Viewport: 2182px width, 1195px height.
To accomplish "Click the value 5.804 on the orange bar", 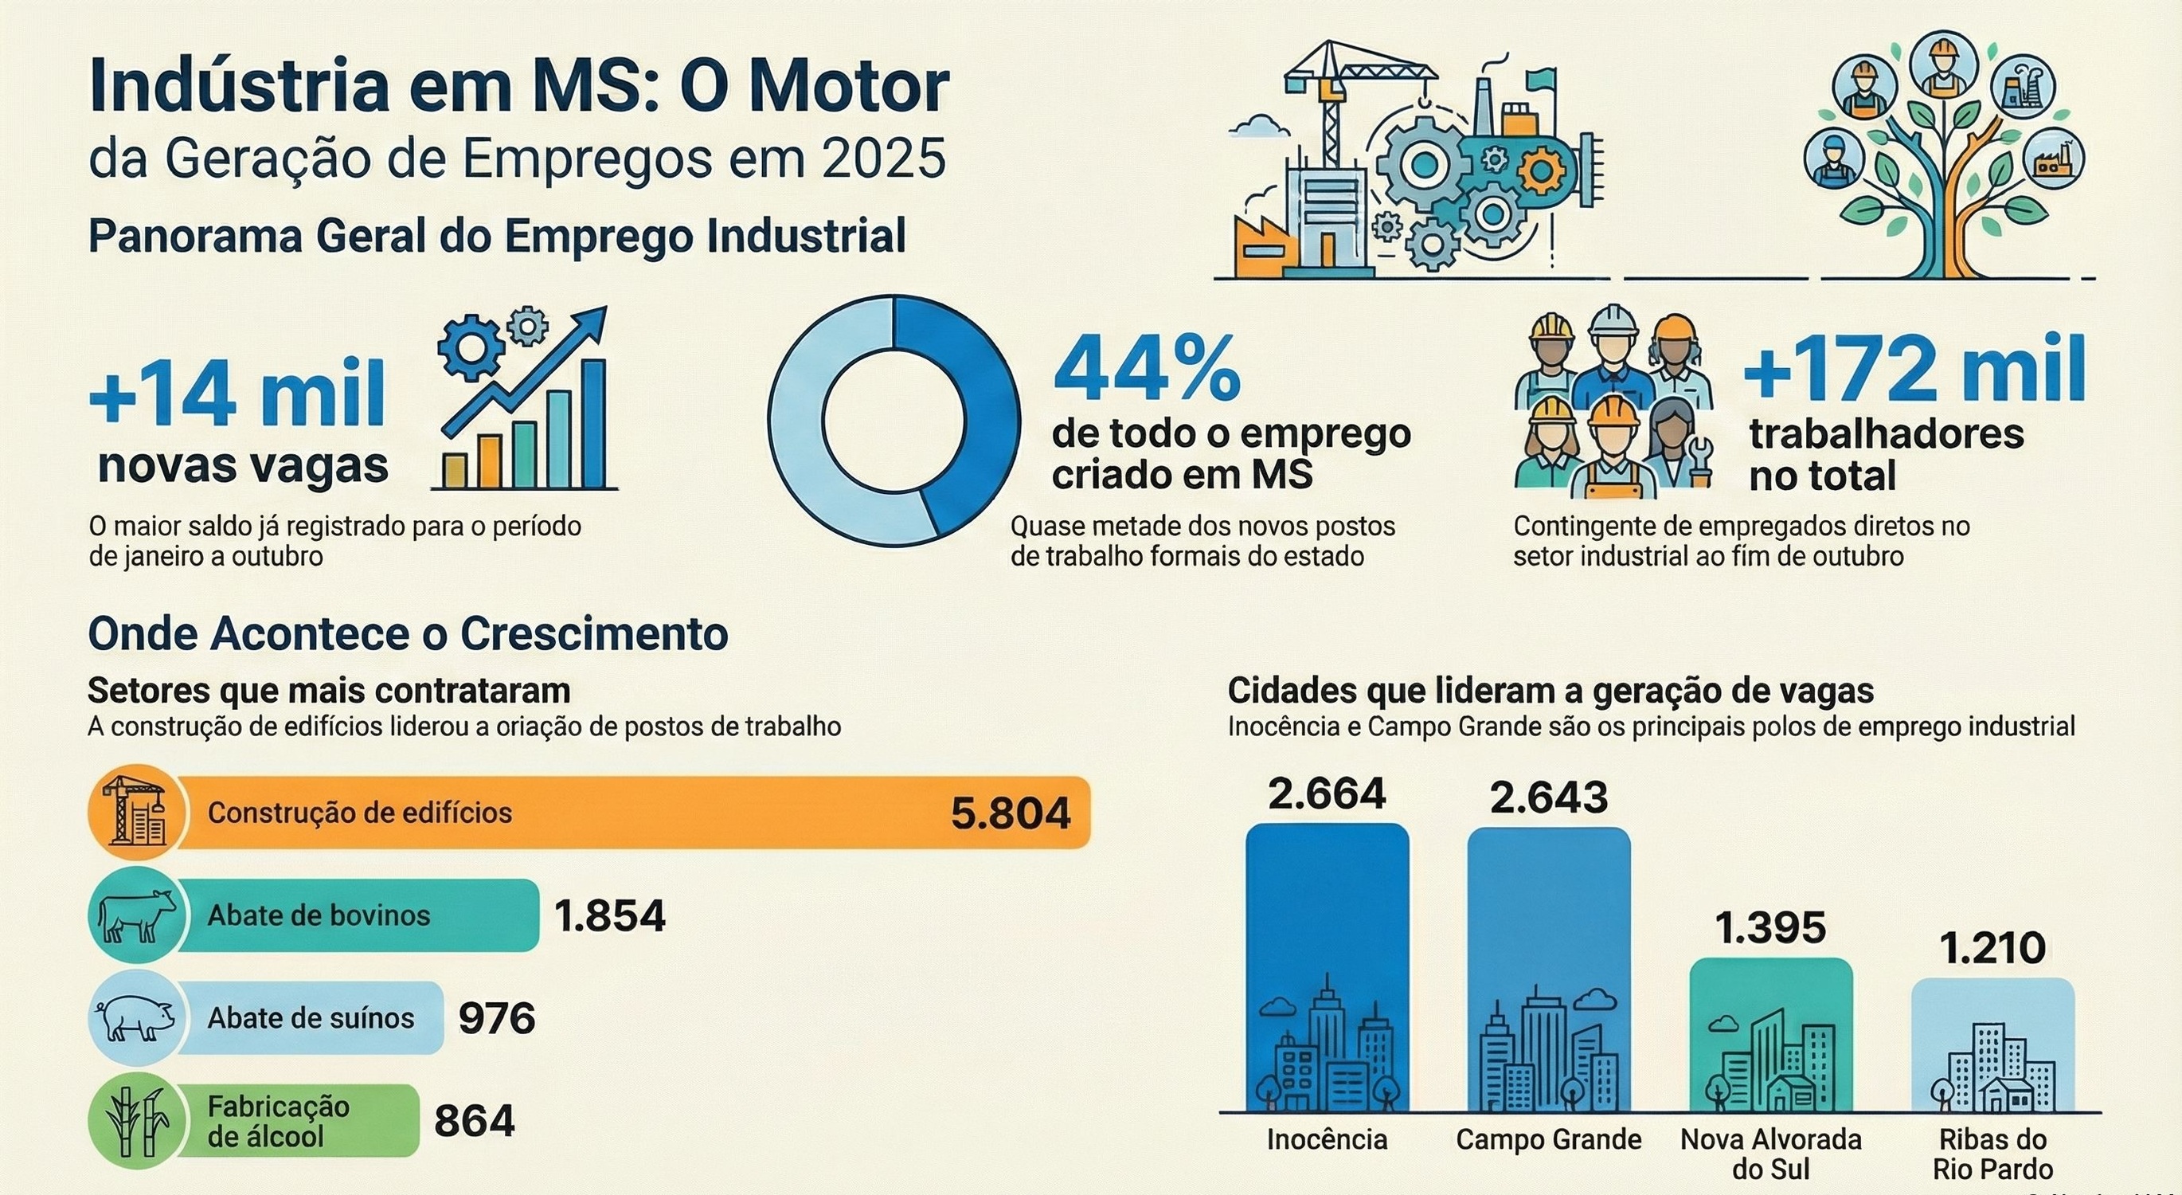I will point(1010,813).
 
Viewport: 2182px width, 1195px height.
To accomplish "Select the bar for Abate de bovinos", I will point(356,915).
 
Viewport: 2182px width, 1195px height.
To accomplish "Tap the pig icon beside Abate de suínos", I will point(135,1018).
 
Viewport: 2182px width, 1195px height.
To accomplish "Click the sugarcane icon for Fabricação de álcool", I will point(135,1120).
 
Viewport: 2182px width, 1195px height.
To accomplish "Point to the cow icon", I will point(135,915).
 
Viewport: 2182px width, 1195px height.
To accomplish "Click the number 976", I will point(496,1018).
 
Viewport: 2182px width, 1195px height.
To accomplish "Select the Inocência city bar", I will point(1327,966).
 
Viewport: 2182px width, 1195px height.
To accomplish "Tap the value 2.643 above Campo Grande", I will point(1548,797).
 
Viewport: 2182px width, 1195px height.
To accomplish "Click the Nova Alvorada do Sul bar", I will point(1770,1034).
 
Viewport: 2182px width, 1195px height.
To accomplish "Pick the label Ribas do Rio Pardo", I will point(1992,1154).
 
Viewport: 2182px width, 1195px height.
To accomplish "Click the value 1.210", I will point(1992,948).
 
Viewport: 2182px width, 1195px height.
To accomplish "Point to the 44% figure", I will point(1147,370).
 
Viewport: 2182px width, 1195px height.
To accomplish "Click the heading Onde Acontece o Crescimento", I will point(408,633).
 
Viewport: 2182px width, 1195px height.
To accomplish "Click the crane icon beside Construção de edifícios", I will point(135,813).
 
